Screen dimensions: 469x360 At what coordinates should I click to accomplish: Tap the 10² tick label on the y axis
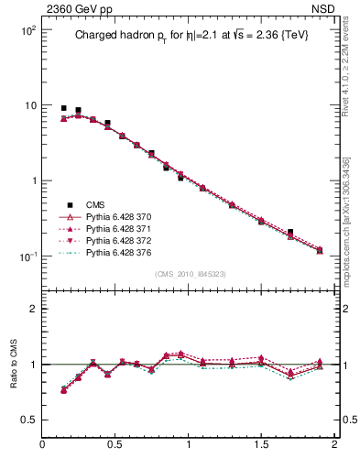[26, 30]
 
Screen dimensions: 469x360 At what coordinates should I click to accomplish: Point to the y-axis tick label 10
[29, 105]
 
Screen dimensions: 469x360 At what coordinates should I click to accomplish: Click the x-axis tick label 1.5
[261, 444]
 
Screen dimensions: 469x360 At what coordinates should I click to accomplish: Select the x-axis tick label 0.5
[115, 444]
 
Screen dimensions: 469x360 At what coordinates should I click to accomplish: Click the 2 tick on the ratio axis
[32, 309]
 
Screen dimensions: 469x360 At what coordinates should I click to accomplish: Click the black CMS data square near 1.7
[290, 233]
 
